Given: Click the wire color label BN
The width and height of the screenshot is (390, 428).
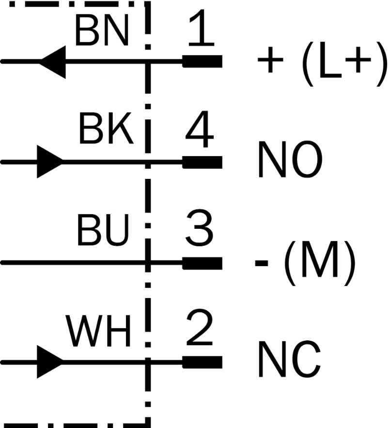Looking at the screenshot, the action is (102, 31).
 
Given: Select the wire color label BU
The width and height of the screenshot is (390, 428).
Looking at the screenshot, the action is (103, 230).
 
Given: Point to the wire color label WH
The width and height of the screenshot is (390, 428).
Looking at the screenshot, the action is (98, 331).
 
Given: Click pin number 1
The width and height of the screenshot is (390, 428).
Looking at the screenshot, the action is (201, 28).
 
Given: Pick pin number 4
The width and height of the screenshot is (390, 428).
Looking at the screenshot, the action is (199, 129).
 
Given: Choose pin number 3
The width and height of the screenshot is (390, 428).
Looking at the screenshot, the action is (200, 228).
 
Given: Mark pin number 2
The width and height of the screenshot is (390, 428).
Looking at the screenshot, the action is (200, 327).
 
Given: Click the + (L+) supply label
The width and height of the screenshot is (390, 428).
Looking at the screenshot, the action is (322, 63).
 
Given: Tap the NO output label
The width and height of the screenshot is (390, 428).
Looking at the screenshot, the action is (290, 159).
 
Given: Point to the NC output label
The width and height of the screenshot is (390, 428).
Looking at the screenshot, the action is (289, 359).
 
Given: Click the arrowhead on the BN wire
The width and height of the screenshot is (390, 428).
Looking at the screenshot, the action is (53, 62).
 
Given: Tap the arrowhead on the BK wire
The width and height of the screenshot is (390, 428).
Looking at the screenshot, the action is (50, 162).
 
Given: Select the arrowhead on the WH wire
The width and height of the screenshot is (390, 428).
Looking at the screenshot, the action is (50, 362).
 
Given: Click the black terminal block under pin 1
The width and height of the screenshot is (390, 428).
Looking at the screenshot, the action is (202, 62).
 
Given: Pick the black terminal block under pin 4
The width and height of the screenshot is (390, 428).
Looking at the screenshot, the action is (202, 162).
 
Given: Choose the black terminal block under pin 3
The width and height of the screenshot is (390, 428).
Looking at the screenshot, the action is (202, 263).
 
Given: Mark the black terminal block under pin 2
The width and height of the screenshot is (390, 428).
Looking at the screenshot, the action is (202, 362).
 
